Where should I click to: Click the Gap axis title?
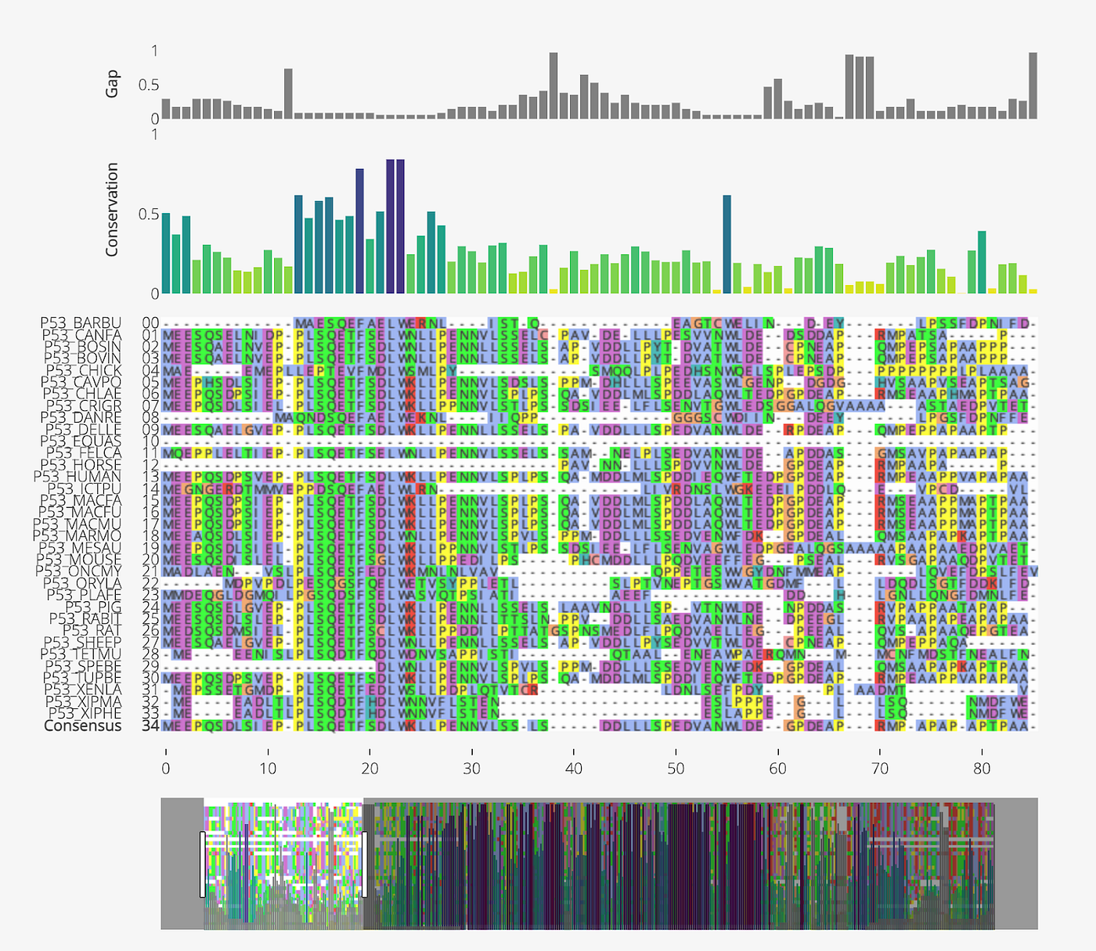point(113,85)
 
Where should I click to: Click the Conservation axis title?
point(113,210)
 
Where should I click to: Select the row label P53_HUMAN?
point(78,477)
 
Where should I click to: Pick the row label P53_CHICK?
point(83,370)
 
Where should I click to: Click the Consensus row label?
point(83,726)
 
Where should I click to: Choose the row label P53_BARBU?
point(81,323)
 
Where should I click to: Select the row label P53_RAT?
point(92,630)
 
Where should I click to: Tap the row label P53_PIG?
point(93,607)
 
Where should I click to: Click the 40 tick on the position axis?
point(574,769)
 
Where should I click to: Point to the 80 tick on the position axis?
point(982,769)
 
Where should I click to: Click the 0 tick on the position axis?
point(166,769)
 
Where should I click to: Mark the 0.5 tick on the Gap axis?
point(149,85)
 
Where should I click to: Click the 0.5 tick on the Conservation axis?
point(149,214)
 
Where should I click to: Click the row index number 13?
point(150,477)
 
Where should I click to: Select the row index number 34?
point(150,726)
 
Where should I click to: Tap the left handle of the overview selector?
point(202,864)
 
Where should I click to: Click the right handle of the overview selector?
point(364,864)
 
